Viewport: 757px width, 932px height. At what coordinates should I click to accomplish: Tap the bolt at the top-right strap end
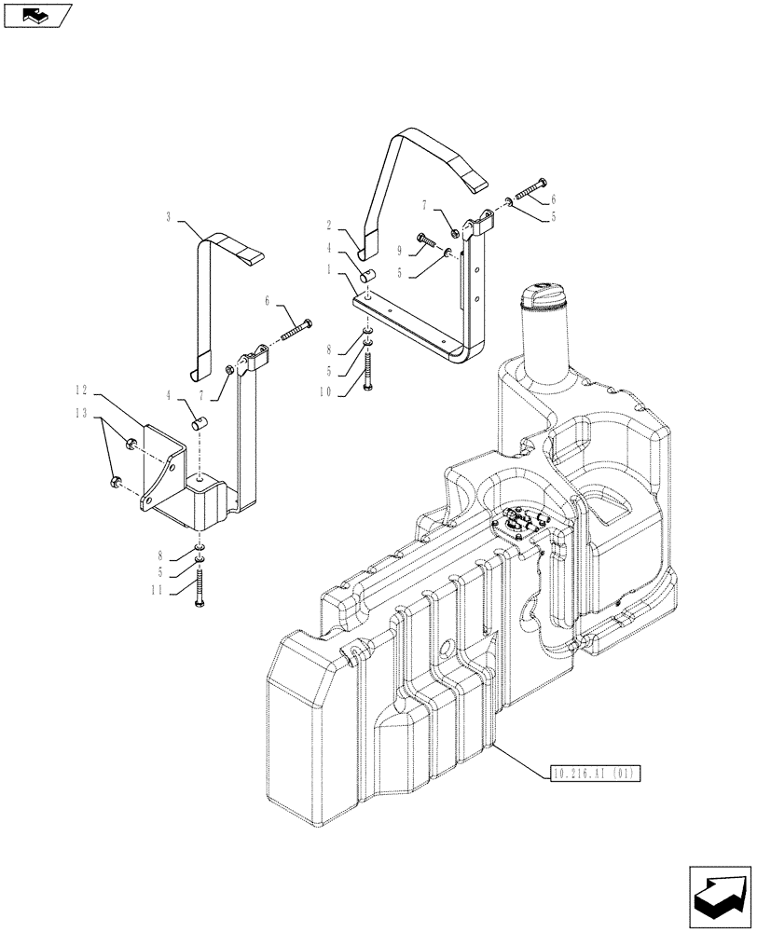point(532,189)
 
